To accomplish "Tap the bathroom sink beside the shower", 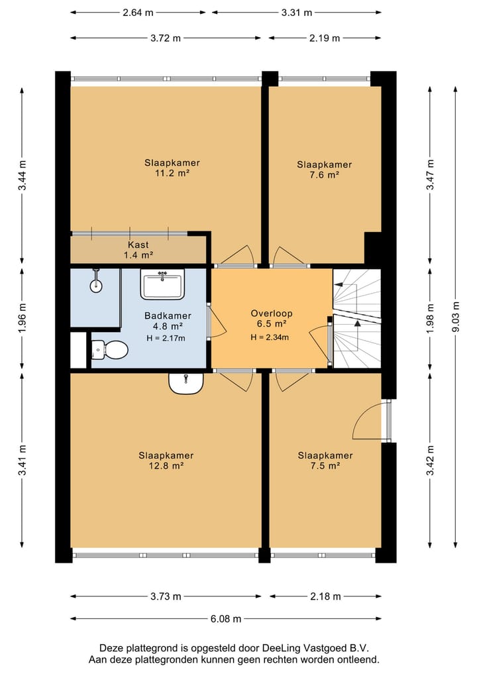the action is (x=162, y=284).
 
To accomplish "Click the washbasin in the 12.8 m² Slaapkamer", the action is (x=186, y=383).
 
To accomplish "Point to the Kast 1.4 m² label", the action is (x=138, y=250).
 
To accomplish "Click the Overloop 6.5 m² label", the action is (x=272, y=319).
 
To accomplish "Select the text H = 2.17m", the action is (x=166, y=338).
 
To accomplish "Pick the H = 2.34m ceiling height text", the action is (x=270, y=337).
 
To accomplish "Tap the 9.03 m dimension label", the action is (x=456, y=316).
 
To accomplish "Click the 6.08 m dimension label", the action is (x=226, y=619).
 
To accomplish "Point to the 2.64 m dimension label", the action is (x=138, y=13).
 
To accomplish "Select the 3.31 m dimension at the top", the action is (x=297, y=13).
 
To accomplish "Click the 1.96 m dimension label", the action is (x=23, y=318).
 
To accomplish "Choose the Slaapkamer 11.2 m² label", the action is (x=172, y=168).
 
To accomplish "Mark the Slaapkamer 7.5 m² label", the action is (x=325, y=461).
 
